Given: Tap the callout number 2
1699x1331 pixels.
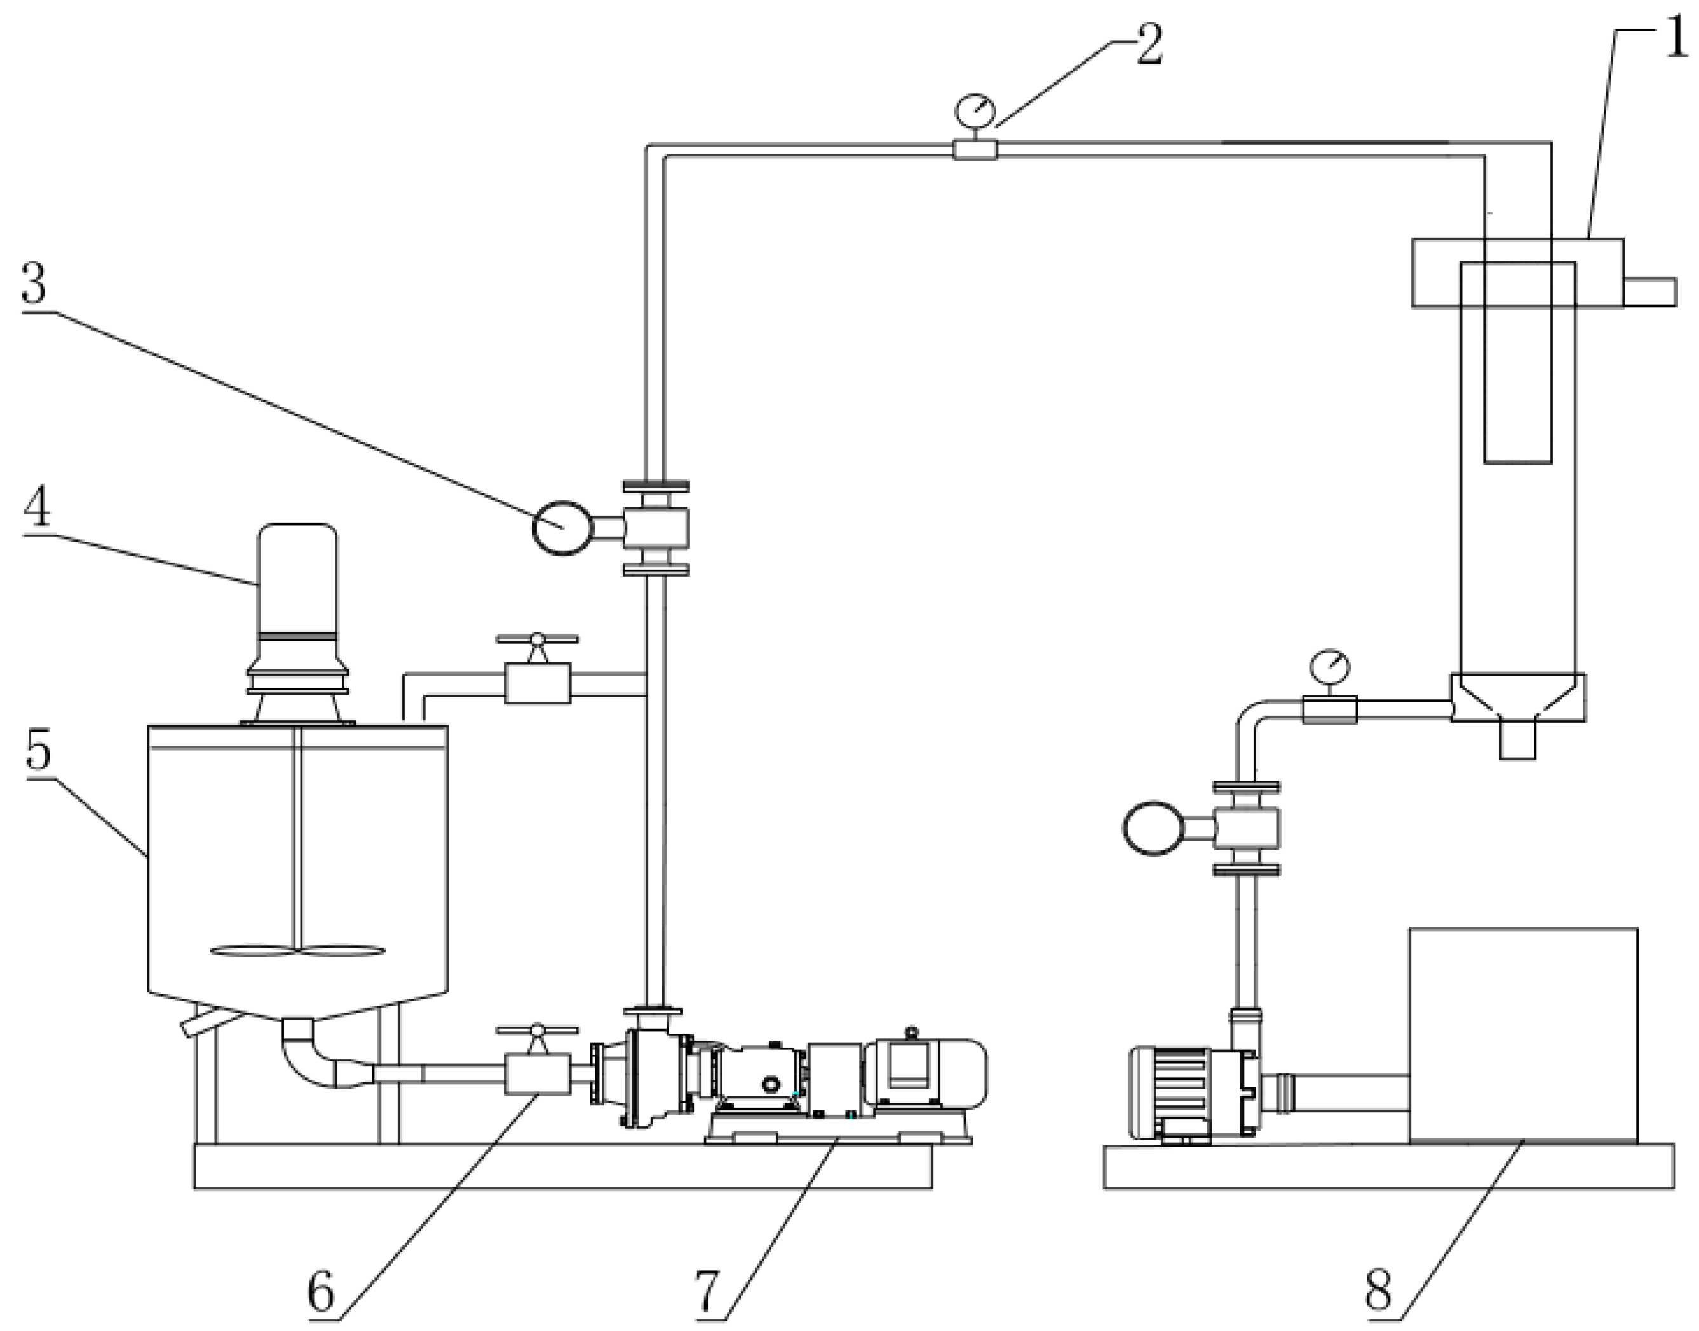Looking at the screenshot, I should (1150, 44).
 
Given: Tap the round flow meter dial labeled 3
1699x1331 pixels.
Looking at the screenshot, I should (562, 528).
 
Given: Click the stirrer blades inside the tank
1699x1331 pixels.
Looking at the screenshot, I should (297, 951).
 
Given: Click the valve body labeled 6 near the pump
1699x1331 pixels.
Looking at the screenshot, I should (538, 1075).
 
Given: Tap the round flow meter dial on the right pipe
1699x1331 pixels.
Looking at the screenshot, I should (1154, 828).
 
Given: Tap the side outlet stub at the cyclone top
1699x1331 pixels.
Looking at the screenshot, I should (1649, 292).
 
